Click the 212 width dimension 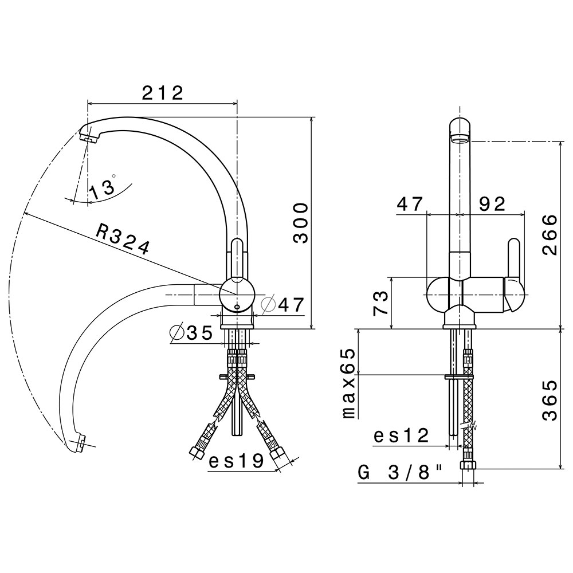point(162,93)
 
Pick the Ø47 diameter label point(283,304)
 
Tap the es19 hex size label point(236,461)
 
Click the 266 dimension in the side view point(550,234)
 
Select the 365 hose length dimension point(550,401)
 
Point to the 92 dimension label point(492,204)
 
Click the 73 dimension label point(380,303)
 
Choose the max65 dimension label point(348,383)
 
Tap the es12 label point(401,435)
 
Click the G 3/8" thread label point(400,474)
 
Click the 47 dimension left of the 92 point(410,204)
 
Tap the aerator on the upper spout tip point(89,138)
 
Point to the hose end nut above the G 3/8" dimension point(468,465)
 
